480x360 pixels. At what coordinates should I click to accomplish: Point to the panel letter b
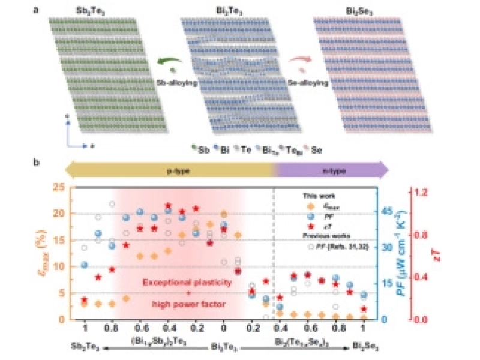coord(37,162)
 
